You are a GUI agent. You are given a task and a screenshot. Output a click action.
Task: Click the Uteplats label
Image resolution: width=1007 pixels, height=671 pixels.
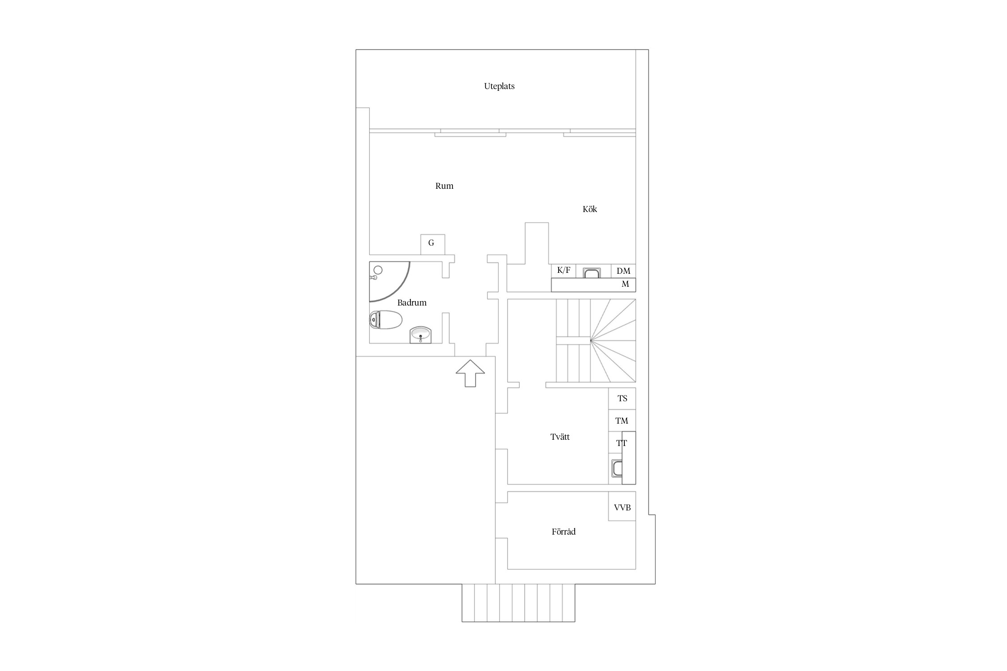[499, 86]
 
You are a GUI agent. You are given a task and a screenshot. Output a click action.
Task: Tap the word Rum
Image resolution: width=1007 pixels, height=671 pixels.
[444, 186]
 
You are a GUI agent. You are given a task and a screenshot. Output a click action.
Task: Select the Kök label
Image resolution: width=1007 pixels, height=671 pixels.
[589, 209]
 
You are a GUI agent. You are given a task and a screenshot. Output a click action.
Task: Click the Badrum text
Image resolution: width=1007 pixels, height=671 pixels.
[412, 303]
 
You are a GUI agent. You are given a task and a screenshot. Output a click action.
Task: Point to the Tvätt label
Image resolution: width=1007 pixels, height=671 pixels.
[560, 437]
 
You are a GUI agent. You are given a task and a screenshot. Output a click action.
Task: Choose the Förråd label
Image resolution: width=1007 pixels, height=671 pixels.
[563, 532]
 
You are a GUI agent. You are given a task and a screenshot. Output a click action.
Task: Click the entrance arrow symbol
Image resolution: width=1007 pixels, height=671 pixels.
[470, 373]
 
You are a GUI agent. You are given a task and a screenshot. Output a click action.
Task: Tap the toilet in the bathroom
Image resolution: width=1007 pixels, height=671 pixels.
[386, 320]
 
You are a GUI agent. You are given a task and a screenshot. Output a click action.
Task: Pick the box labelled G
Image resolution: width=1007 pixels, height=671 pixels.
[433, 244]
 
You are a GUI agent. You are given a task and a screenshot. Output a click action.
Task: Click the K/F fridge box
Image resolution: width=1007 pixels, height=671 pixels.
[563, 271]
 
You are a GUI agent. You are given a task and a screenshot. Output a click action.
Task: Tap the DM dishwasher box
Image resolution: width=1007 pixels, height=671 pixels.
[623, 271]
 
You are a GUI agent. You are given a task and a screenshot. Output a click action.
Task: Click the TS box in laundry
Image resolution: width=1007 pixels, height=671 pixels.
[622, 399]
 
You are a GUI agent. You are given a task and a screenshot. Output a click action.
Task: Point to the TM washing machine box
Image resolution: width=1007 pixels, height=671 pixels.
[622, 420]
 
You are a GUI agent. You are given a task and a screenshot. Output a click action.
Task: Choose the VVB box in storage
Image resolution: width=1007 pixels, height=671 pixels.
[622, 507]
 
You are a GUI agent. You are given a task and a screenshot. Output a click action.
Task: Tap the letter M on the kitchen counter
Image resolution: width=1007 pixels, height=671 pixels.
[625, 284]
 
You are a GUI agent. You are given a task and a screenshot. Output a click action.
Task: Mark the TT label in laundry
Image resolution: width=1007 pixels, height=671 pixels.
[622, 443]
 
